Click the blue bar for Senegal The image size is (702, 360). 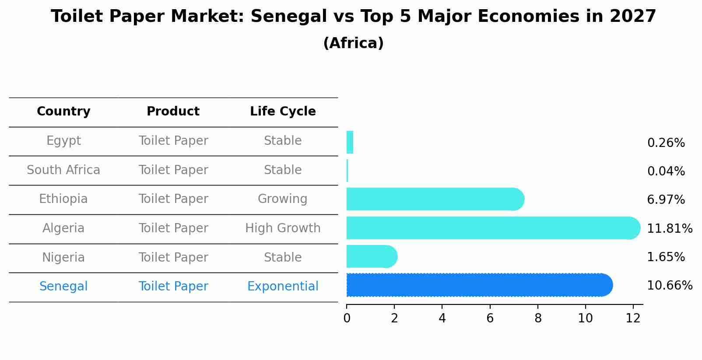click(479, 285)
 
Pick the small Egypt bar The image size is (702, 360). click(350, 142)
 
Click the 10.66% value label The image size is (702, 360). click(669, 286)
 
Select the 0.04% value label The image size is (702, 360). click(666, 171)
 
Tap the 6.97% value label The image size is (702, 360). click(666, 200)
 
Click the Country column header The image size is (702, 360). click(63, 112)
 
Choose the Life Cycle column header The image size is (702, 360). click(283, 112)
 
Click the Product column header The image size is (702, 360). click(173, 112)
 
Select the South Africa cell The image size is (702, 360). click(63, 170)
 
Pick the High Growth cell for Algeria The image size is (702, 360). click(283, 228)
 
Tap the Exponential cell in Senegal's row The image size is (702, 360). click(283, 287)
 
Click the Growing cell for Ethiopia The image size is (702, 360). click(283, 199)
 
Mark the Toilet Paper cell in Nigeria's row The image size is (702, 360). click(173, 258)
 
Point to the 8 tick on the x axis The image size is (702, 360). click(538, 318)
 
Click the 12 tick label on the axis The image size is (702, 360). click(633, 318)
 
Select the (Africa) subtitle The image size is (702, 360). click(353, 43)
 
